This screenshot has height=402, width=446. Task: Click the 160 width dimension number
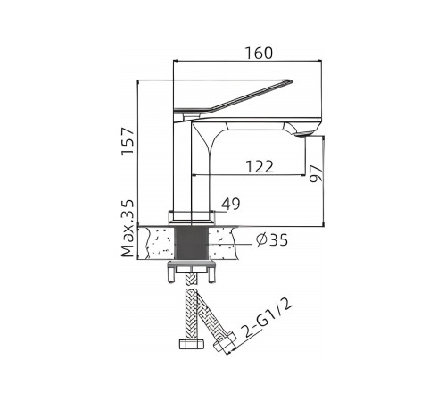point(259,53)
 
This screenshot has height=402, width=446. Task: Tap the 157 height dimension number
point(128,141)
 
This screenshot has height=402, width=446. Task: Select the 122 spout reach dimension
point(260,167)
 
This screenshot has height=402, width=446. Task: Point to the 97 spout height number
point(316,173)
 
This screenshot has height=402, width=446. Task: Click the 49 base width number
point(231,204)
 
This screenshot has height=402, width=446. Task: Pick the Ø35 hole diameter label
point(272,240)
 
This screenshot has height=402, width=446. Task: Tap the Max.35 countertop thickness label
point(128,229)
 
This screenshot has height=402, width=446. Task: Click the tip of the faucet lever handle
point(292,80)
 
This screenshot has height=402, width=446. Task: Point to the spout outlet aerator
point(304,135)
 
